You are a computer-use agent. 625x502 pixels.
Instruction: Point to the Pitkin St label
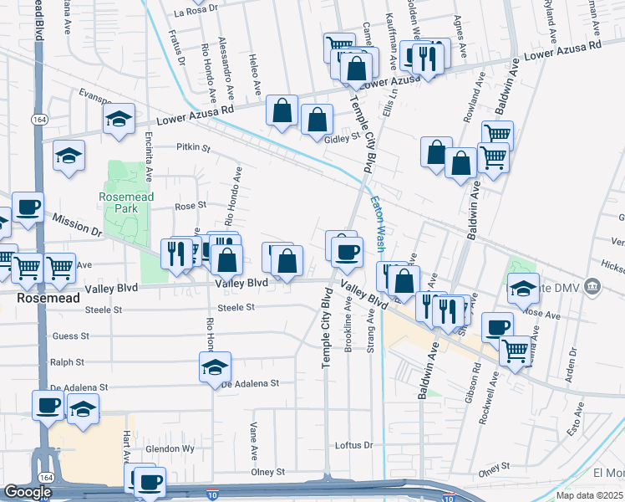point(193,147)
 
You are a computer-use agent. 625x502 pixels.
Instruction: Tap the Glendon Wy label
point(170,448)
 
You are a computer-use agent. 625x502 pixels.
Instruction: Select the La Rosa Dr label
point(195,13)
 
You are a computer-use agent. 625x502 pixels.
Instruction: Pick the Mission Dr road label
point(75,223)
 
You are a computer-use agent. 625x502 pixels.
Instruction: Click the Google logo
point(28,491)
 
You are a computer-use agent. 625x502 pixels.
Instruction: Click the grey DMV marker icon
point(593,287)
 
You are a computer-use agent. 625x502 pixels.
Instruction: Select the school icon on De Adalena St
point(215,365)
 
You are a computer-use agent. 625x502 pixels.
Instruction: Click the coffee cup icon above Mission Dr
point(27,207)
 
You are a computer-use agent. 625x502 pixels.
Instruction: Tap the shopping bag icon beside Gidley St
point(318,120)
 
